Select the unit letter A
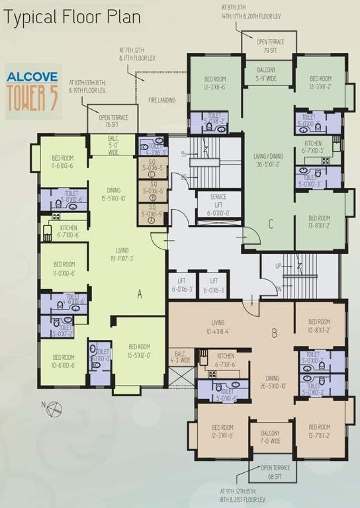click(140, 295)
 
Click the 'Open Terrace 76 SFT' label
click(113, 121)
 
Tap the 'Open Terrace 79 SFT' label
click(270, 45)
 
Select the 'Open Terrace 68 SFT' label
click(271, 473)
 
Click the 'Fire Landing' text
click(161, 100)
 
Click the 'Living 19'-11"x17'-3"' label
click(122, 255)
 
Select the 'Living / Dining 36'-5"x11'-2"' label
click(268, 161)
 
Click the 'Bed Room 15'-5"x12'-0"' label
click(139, 351)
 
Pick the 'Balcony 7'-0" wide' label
click(270, 437)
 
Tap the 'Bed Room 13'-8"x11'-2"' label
click(319, 222)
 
